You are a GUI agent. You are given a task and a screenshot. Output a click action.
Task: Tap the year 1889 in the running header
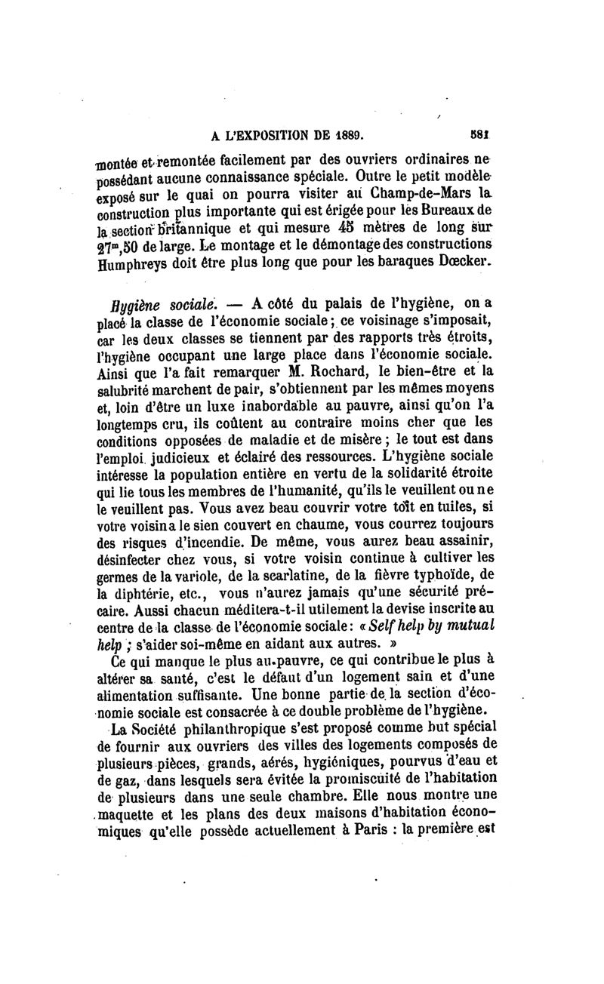(x=346, y=139)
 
